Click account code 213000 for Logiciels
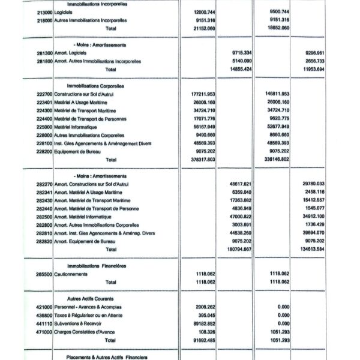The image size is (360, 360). tap(44, 12)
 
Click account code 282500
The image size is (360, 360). tap(44, 216)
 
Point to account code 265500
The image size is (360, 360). tap(44, 274)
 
